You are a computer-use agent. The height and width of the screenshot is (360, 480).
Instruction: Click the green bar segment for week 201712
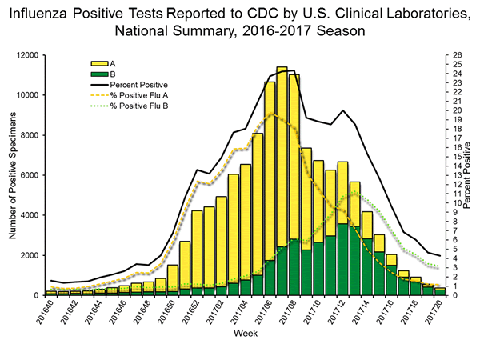(x=342, y=260)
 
